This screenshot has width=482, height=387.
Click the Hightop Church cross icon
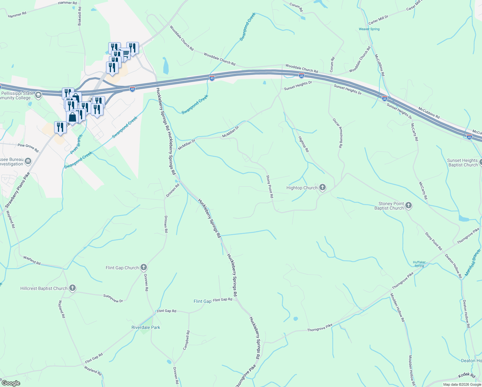[322, 187]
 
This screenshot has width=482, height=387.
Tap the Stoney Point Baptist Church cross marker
[408, 205]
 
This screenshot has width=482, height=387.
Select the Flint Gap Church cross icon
[144, 267]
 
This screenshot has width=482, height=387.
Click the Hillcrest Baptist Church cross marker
[72, 288]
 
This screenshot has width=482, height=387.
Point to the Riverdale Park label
[146, 327]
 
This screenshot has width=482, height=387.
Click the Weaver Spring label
[369, 29]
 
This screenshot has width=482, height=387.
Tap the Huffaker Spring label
[419, 264]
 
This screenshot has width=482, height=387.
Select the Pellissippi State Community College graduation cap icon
[38, 95]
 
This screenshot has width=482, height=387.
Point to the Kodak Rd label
[467, 376]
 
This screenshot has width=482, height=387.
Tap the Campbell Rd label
[186, 340]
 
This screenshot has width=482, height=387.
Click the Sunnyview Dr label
[113, 298]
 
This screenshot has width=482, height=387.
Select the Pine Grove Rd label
[28, 148]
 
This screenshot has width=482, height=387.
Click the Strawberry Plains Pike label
[17, 190]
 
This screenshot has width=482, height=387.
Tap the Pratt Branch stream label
[77, 144]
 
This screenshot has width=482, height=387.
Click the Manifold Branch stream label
[473, 261]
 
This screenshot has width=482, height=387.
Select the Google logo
[11, 383]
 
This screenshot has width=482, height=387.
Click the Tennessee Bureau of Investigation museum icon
[28, 161]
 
